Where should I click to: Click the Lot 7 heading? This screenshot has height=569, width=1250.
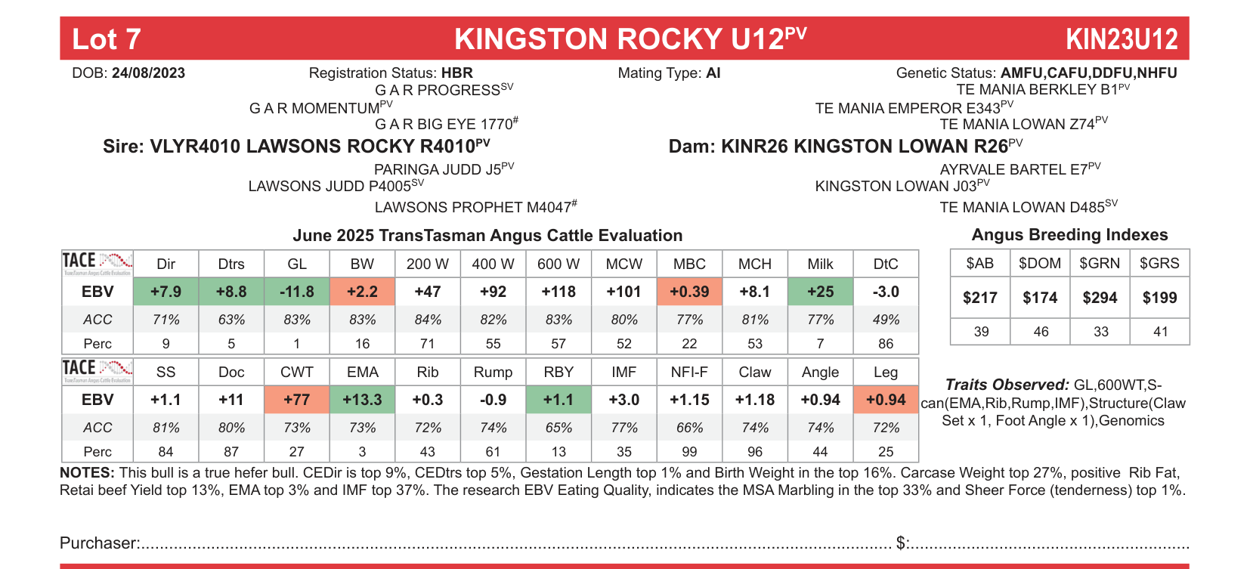point(107,39)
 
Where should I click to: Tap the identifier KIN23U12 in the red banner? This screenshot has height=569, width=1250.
point(1122,39)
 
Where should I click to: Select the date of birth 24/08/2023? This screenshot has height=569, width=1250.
point(148,73)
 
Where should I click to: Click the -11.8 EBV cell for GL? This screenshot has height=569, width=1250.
point(297,292)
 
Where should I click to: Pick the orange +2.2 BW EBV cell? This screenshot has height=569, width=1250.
point(362,292)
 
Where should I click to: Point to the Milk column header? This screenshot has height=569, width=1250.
point(820,264)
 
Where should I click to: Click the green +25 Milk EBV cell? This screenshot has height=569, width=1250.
point(820,292)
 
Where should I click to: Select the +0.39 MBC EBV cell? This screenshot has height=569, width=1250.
point(689,292)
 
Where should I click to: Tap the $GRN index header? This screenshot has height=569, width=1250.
point(1100,263)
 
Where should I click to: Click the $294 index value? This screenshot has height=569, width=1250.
point(1100,298)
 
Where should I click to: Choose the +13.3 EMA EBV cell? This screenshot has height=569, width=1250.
point(362,400)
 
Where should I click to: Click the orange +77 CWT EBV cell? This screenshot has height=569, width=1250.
point(297,400)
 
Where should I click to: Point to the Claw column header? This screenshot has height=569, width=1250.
point(754,372)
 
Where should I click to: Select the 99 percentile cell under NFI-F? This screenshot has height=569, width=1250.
point(689,451)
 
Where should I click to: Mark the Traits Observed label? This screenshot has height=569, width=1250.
point(1007,385)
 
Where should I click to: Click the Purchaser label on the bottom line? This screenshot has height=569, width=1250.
point(99,543)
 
